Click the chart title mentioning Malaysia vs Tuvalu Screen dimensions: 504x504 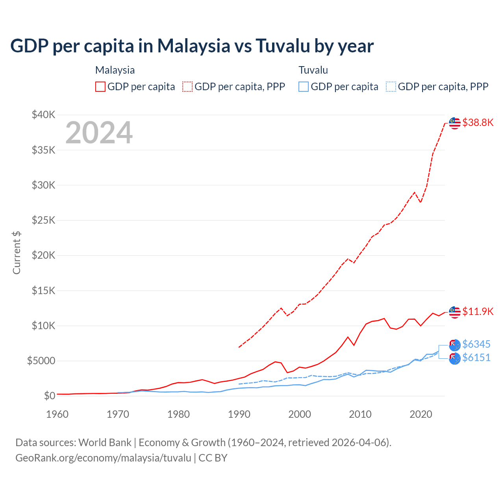tap(192, 46)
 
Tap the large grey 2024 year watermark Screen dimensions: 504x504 tap(99, 133)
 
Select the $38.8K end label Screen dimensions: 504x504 tap(478, 122)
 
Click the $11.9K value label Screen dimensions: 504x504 tap(478, 311)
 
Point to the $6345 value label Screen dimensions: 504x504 tap(476, 344)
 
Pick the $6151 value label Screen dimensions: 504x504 tap(476, 358)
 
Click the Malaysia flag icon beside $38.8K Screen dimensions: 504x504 tap(455, 123)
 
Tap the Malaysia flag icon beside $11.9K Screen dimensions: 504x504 tap(455, 312)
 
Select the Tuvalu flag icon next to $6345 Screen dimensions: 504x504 tap(455, 345)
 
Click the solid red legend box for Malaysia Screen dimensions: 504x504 tap(100, 87)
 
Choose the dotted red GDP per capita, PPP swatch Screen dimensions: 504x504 tap(187, 87)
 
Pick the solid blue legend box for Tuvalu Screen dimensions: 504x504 tap(304, 87)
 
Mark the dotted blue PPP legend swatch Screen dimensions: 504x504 tap(391, 87)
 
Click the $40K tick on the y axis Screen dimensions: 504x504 tap(44, 115)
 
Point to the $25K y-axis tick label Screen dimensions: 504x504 tap(44, 220)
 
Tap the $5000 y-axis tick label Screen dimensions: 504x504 tap(41, 361)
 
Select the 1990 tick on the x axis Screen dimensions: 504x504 tap(239, 414)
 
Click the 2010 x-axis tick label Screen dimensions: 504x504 tap(360, 414)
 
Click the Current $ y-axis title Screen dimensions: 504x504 tap(17, 252)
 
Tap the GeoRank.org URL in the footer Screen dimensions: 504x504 tap(103, 458)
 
